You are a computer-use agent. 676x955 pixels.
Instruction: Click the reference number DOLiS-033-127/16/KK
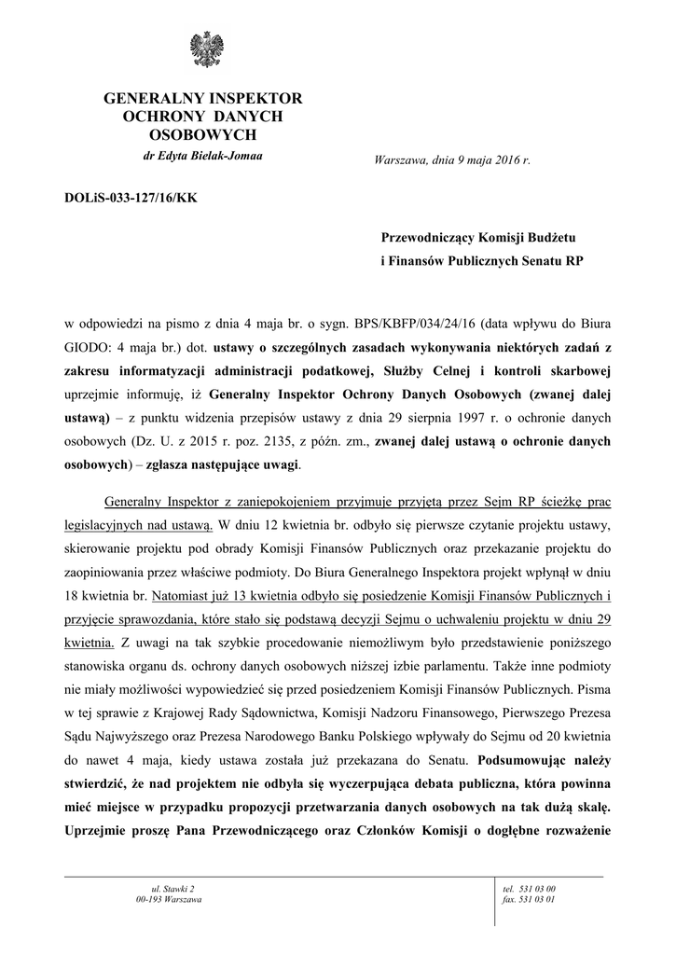(x=131, y=198)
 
